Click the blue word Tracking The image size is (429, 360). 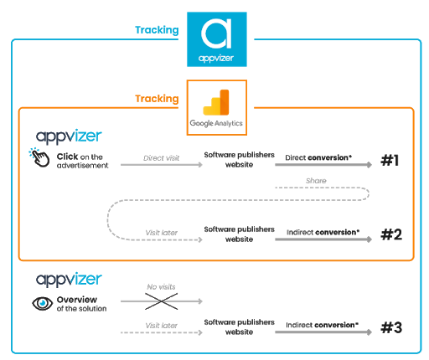pos(157,30)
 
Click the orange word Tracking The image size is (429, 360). pos(157,99)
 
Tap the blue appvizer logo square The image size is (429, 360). pos(217,39)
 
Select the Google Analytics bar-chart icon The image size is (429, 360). pos(216,102)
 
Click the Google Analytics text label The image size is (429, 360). pos(216,123)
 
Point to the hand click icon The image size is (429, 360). pos(39,157)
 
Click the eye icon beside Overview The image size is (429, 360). pos(42,303)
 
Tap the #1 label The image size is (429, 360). pos(390,161)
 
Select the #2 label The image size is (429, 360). pos(391,234)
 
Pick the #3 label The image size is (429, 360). pos(391,327)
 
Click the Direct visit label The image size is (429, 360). pos(161,158)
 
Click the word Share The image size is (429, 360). pos(316,181)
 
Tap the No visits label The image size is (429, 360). pos(161,287)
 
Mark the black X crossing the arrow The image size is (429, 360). pos(162,301)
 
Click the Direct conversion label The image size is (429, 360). pos(318,157)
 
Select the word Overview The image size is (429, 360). pos(77,300)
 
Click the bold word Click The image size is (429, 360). pos(67,157)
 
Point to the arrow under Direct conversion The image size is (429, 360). pos(323,165)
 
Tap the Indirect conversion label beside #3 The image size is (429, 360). pos(322,325)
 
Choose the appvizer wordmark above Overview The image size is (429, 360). pos(69,280)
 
